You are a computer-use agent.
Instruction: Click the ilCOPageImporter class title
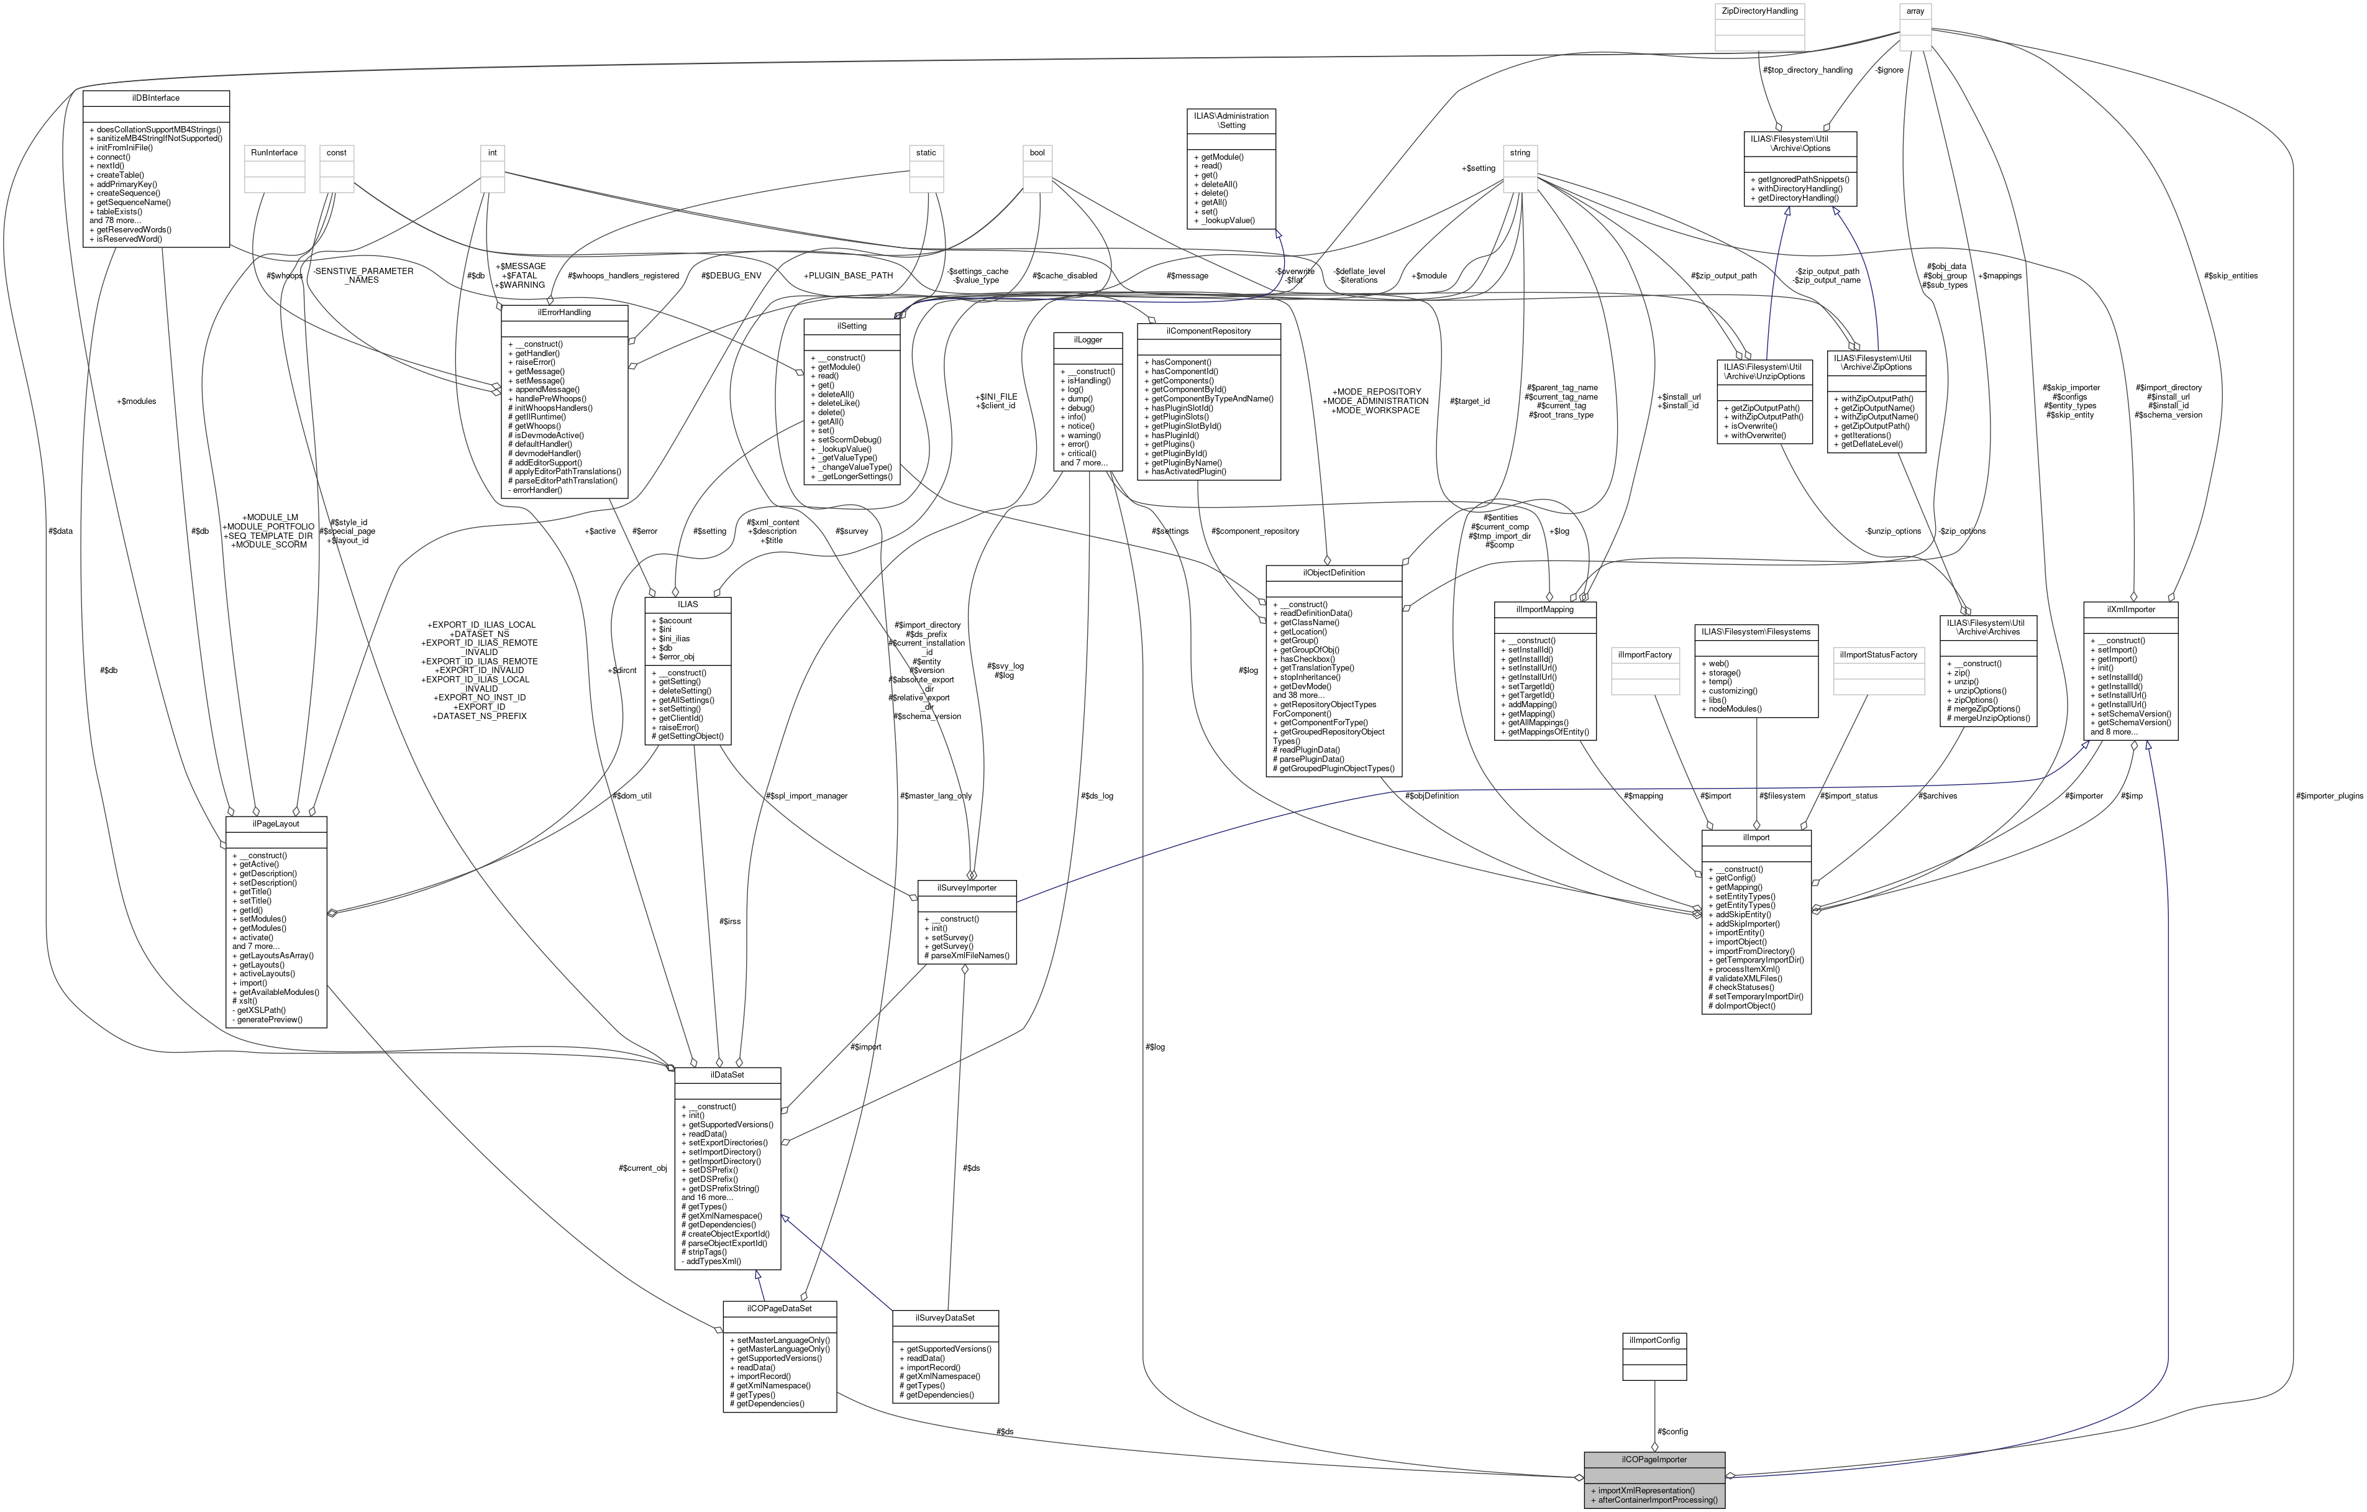coord(1654,1460)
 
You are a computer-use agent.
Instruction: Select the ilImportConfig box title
coord(1654,1340)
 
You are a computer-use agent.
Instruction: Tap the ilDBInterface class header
coord(157,98)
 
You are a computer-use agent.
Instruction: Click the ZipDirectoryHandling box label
coord(1759,11)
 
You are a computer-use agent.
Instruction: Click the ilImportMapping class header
coord(1545,610)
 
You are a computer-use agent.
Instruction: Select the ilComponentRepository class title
coord(1208,331)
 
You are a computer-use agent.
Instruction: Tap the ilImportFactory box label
coord(1644,655)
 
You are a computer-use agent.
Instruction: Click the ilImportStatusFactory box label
coord(1879,655)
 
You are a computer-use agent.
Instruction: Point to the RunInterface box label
coord(274,152)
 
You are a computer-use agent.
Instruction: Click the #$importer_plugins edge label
coord(2328,796)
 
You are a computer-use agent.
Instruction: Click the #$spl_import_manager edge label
coord(806,796)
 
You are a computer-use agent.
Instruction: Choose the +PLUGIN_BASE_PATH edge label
coord(847,275)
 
